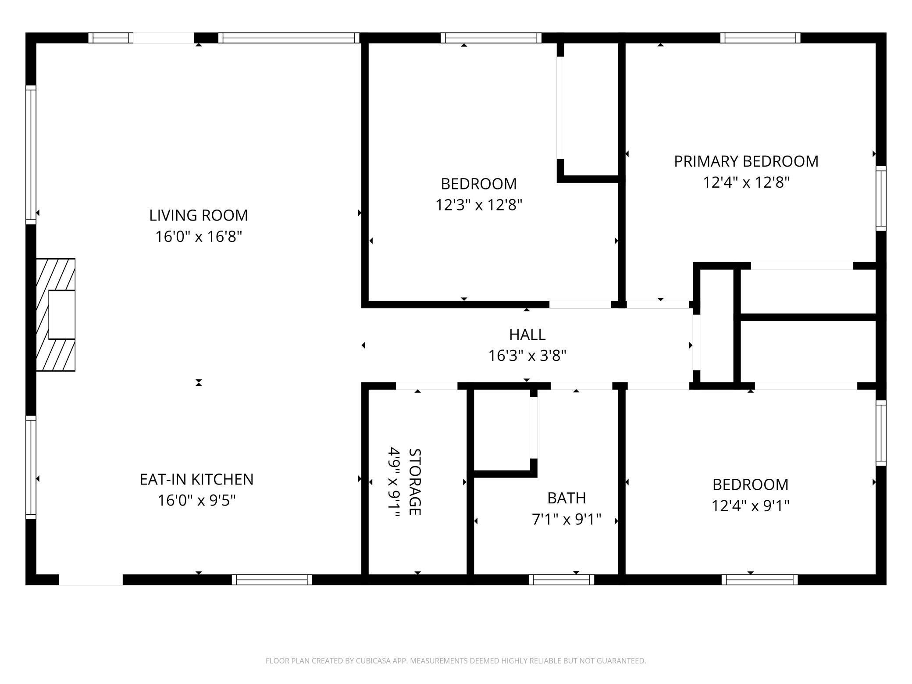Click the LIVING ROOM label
(x=198, y=215)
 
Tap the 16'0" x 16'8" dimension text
(x=198, y=237)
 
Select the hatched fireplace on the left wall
(x=55, y=315)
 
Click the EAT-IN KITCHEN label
(x=196, y=479)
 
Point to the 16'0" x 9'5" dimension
(x=196, y=500)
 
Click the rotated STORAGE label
(x=414, y=482)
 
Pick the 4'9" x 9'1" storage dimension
(x=394, y=482)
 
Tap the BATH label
(x=566, y=498)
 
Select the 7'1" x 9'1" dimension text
(x=566, y=520)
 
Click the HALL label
(x=527, y=335)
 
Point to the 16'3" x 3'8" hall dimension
(x=527, y=356)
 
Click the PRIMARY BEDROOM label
(x=746, y=161)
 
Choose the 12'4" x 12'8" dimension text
(x=746, y=182)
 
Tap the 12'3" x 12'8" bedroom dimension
(x=478, y=205)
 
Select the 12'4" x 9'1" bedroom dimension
(x=750, y=506)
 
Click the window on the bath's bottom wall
(x=561, y=580)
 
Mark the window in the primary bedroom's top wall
(x=760, y=38)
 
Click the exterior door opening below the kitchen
(x=91, y=580)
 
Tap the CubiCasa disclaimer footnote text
(x=456, y=660)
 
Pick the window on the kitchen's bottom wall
(x=272, y=580)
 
